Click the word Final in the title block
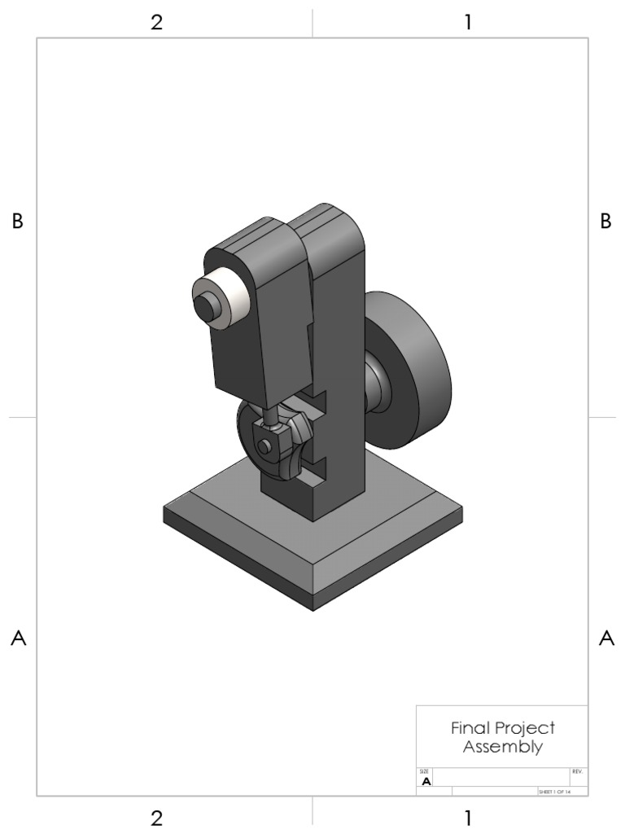[469, 728]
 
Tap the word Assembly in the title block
[502, 747]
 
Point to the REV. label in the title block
[577, 770]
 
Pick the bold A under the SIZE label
[426, 781]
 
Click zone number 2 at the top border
[156, 22]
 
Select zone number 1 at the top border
[468, 22]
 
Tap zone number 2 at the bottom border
[156, 818]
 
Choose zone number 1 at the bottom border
[468, 818]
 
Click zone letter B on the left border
[17, 222]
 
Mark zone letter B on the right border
[605, 222]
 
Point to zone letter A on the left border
[17, 639]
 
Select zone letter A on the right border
[605, 639]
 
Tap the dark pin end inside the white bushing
[207, 306]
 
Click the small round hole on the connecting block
[264, 446]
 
